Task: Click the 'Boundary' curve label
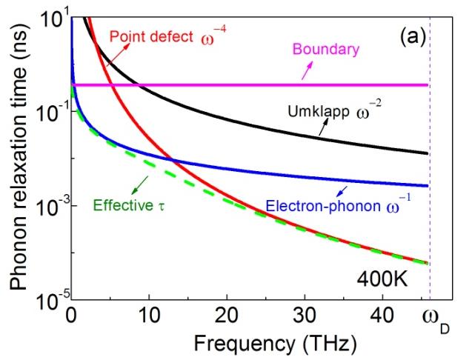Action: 325,50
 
